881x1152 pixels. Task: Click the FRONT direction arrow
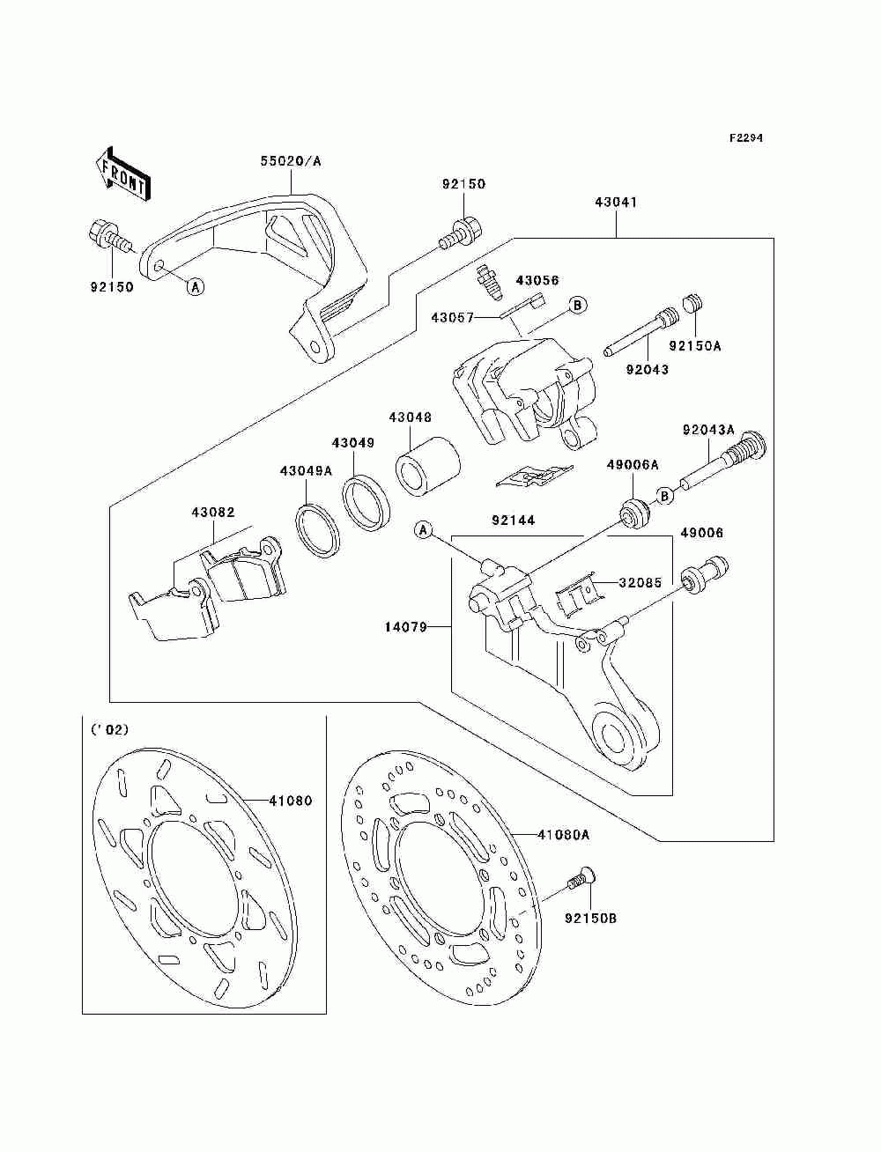click(x=123, y=174)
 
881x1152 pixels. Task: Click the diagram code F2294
click(x=745, y=138)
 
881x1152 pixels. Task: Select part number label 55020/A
click(x=291, y=161)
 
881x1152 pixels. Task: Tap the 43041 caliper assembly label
click(x=616, y=203)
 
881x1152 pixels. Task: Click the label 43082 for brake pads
click(x=212, y=513)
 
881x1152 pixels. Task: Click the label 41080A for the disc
click(x=563, y=834)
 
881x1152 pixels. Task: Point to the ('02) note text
click(x=110, y=730)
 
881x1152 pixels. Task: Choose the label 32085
click(x=640, y=582)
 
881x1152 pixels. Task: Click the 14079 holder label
click(x=406, y=627)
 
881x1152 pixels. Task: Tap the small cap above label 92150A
click(x=692, y=305)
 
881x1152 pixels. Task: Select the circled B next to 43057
click(x=577, y=305)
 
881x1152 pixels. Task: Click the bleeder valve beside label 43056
click(x=486, y=284)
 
